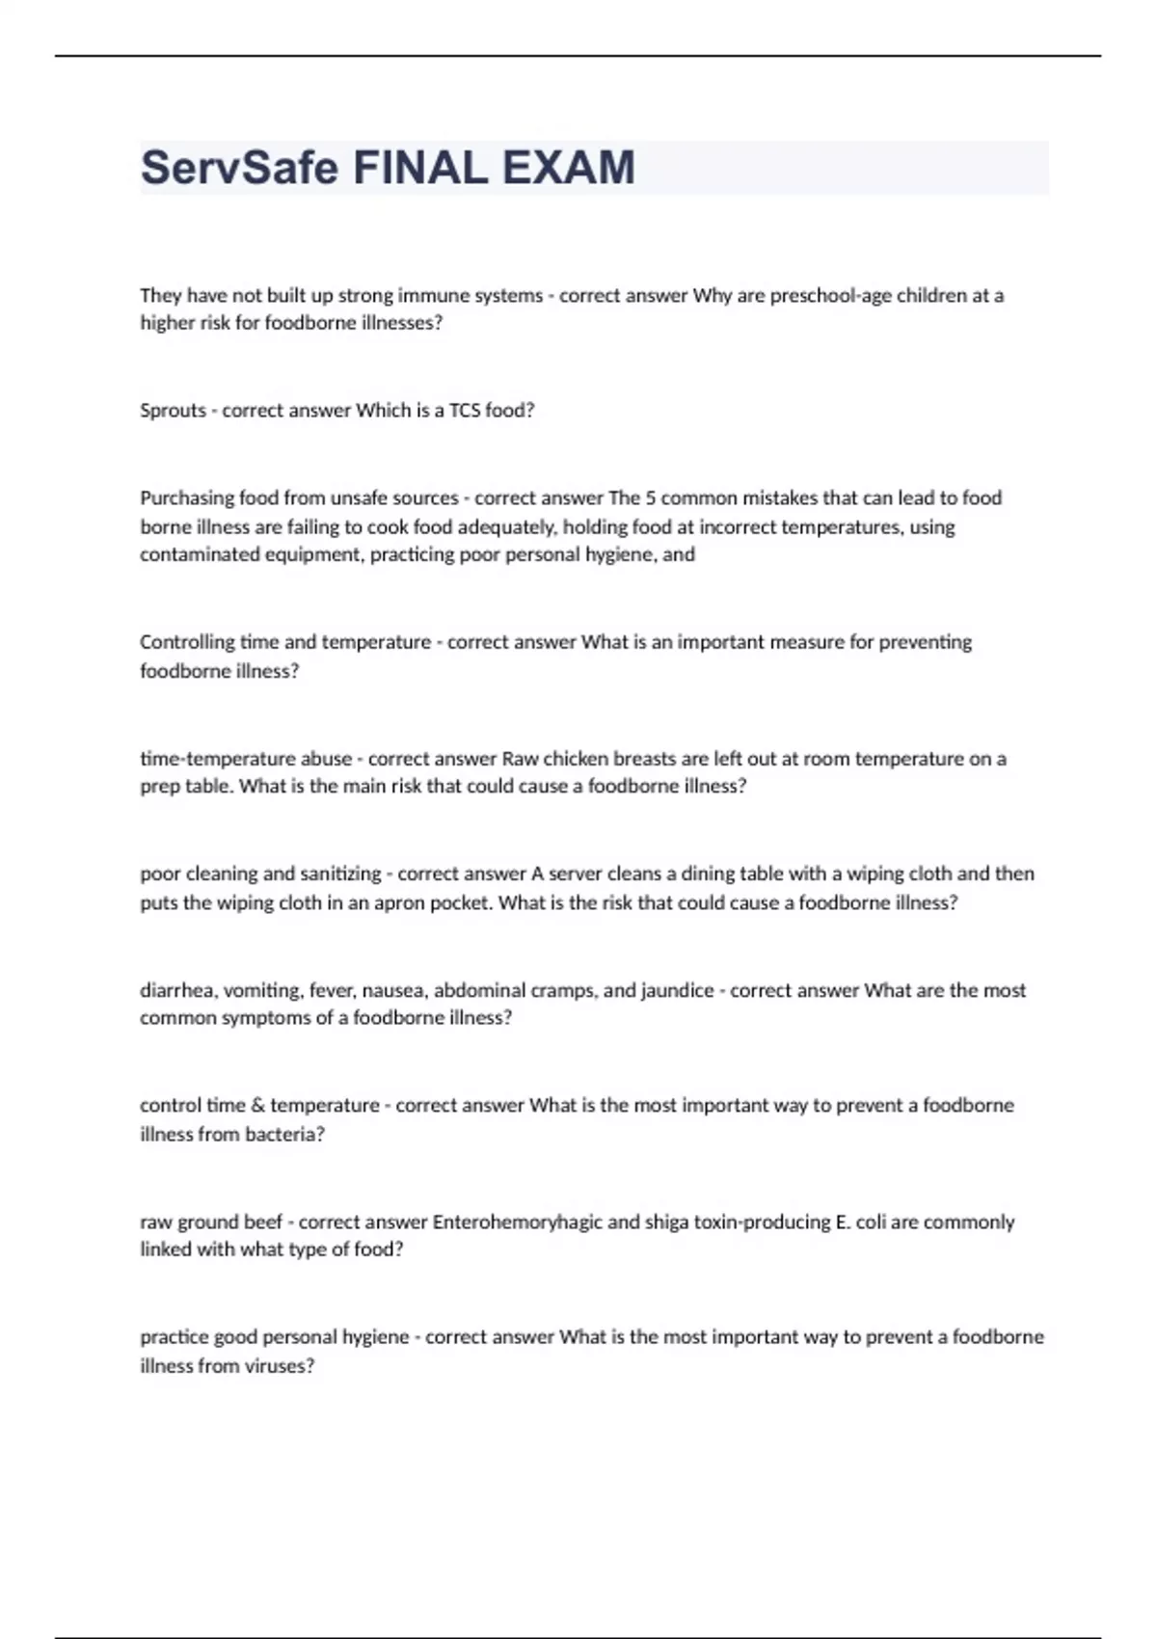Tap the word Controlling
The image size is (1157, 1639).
pyautogui.click(x=187, y=642)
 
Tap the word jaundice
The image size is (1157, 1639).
pyautogui.click(x=676, y=990)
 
